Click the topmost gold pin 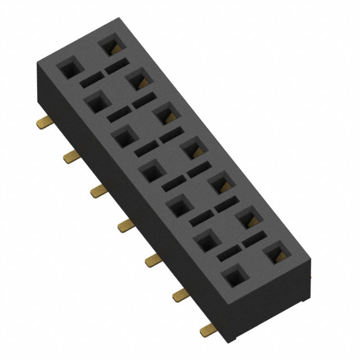(42, 122)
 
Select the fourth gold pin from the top (125, 226)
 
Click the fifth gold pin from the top (152, 260)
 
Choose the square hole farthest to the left (69, 69)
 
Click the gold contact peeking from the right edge (310, 274)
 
